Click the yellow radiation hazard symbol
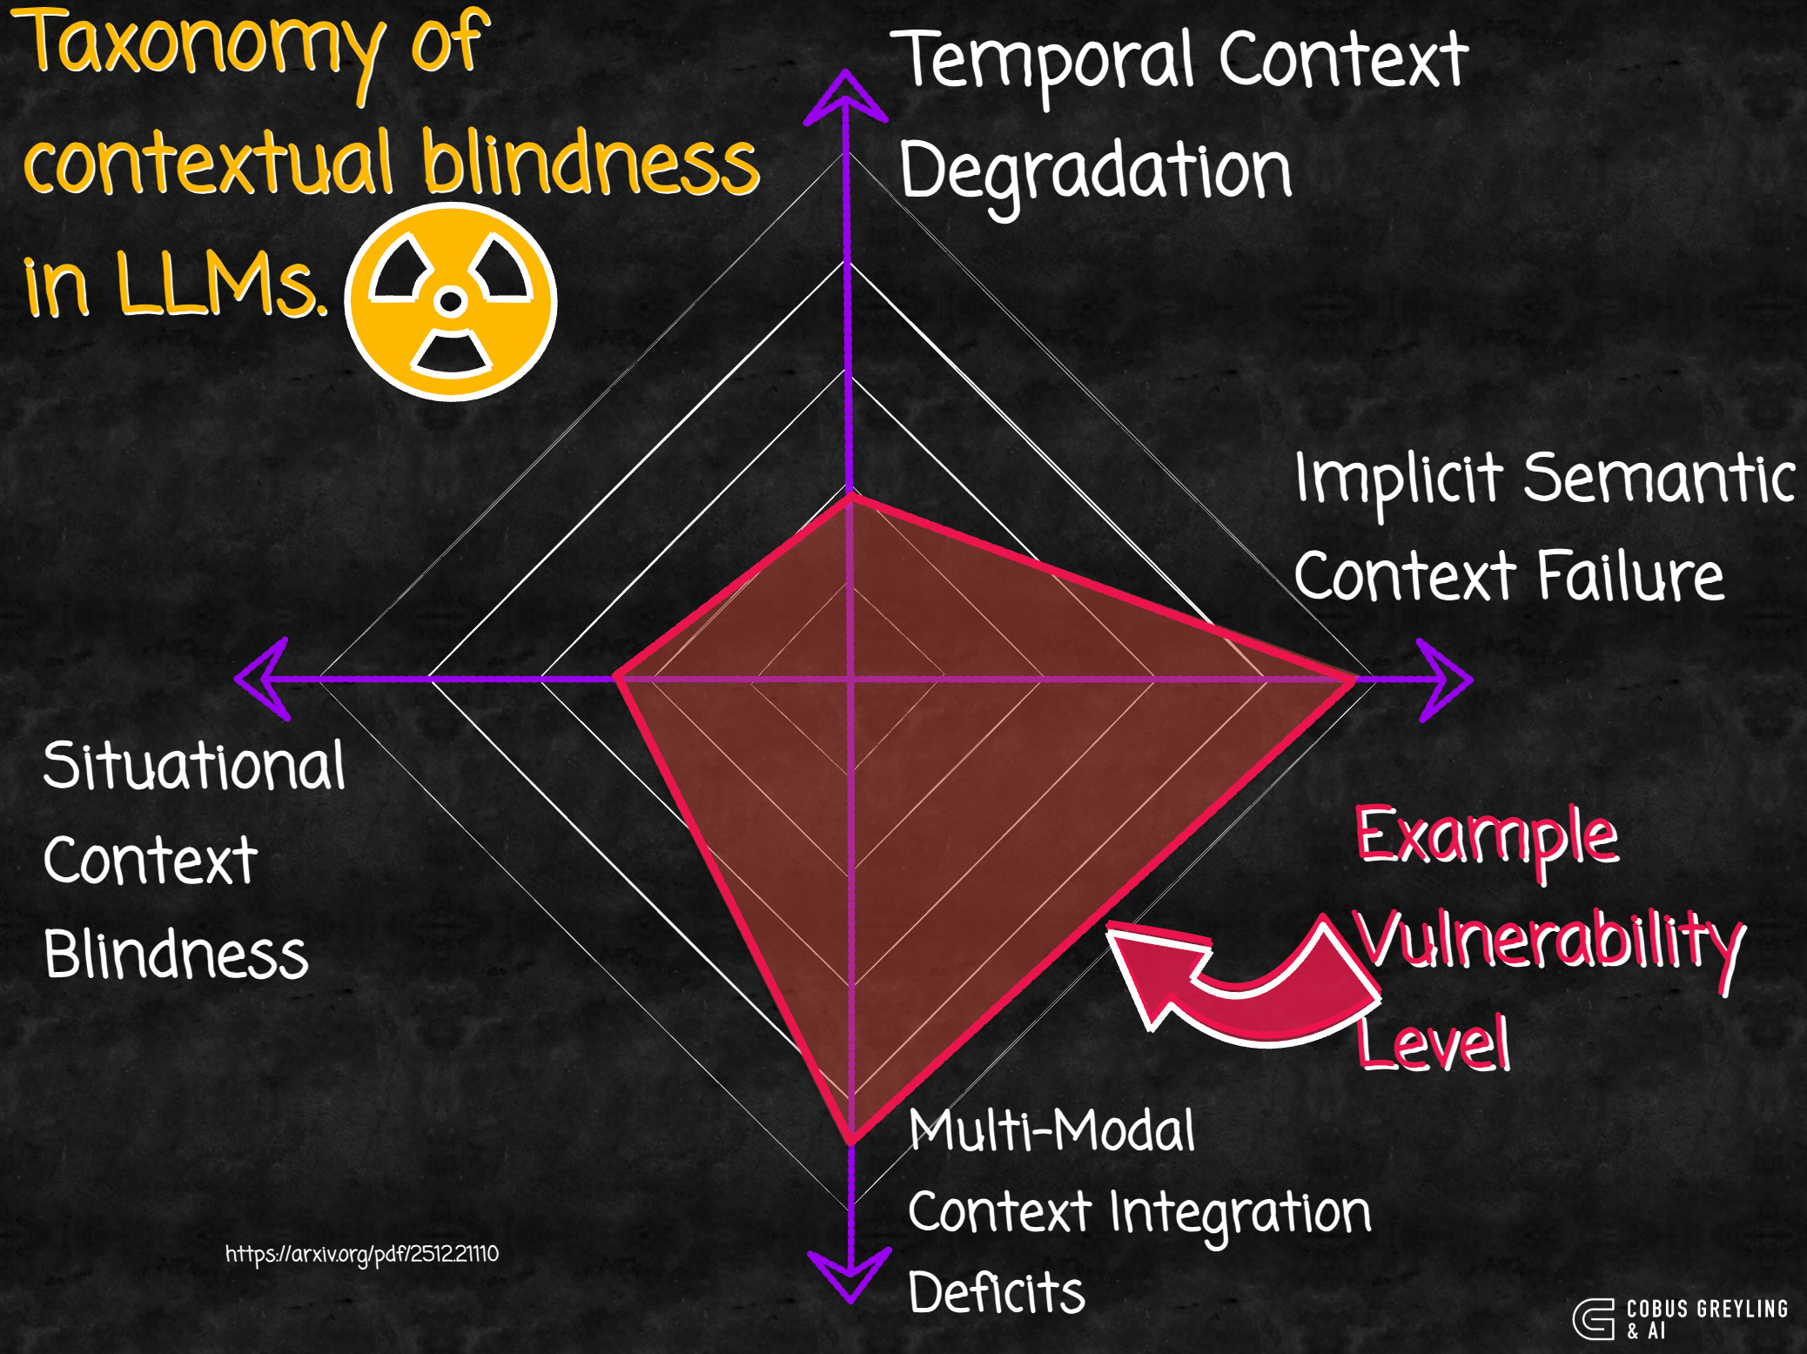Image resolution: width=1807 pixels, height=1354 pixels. (x=450, y=302)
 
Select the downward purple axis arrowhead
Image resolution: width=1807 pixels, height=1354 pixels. (x=850, y=1274)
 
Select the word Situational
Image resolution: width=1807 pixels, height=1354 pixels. (x=194, y=767)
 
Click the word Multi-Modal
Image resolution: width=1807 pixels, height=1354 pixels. (x=1051, y=1130)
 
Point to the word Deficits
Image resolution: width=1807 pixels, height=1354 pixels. (x=996, y=1292)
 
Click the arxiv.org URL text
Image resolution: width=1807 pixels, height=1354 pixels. (x=362, y=1254)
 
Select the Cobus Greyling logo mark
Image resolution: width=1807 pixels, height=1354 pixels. (x=1593, y=1319)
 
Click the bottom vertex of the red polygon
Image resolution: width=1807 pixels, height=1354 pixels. (x=851, y=1139)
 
